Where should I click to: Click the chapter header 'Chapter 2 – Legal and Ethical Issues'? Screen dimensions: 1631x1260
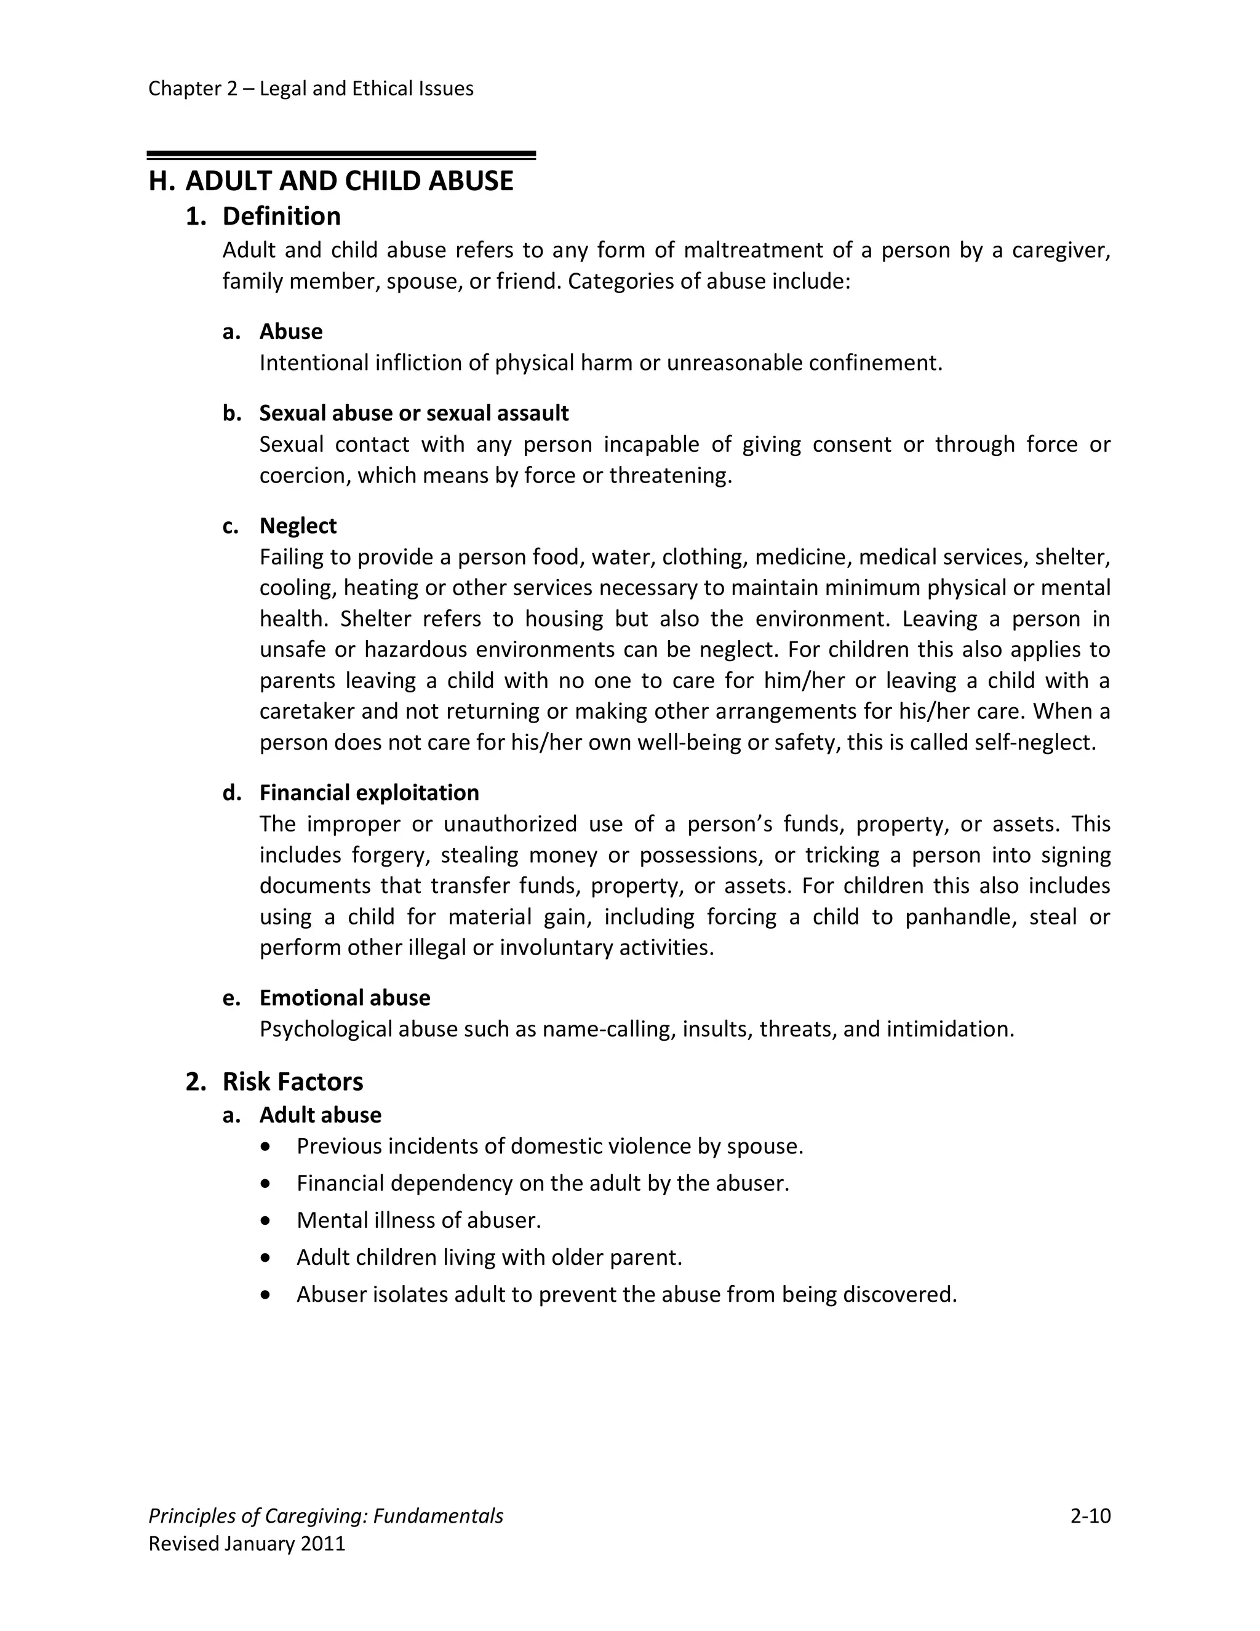pyautogui.click(x=311, y=89)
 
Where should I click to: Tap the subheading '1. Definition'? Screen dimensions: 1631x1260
pyautogui.click(x=263, y=217)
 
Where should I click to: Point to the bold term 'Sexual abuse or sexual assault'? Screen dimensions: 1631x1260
pyautogui.click(x=413, y=413)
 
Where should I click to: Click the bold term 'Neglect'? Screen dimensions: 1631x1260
pyautogui.click(x=298, y=526)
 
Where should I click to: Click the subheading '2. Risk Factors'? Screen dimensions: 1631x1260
pyautogui.click(x=274, y=1081)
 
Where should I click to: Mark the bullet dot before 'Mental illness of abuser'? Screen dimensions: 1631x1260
pyautogui.click(x=266, y=1221)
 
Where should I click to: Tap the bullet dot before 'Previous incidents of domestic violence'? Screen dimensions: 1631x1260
pyautogui.click(x=266, y=1147)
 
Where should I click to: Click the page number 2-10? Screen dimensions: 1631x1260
pyautogui.click(x=1090, y=1516)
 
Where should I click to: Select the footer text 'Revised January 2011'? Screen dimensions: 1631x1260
pyautogui.click(x=247, y=1544)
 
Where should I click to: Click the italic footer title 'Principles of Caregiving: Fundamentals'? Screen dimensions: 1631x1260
pyautogui.click(x=325, y=1516)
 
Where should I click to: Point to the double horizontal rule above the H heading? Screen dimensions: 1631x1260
pyautogui.click(x=341, y=155)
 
